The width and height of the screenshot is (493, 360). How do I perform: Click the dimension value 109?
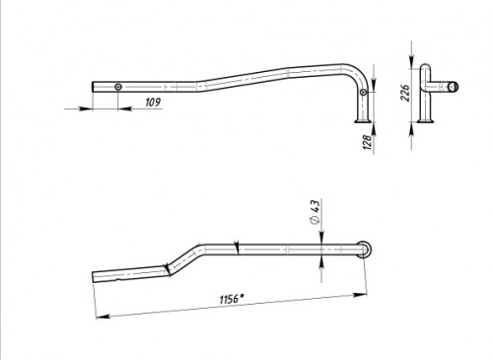(153, 103)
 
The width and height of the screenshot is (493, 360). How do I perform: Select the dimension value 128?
(368, 141)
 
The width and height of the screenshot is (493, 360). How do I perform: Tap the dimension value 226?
(405, 93)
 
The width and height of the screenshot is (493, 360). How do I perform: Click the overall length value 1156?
(230, 300)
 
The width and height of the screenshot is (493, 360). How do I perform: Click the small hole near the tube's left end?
(118, 87)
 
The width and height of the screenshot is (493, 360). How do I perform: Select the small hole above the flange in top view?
(363, 93)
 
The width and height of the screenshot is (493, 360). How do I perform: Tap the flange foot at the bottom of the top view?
(363, 121)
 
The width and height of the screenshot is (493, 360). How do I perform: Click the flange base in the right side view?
(425, 121)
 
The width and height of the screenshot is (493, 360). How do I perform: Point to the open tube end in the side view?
(454, 87)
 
